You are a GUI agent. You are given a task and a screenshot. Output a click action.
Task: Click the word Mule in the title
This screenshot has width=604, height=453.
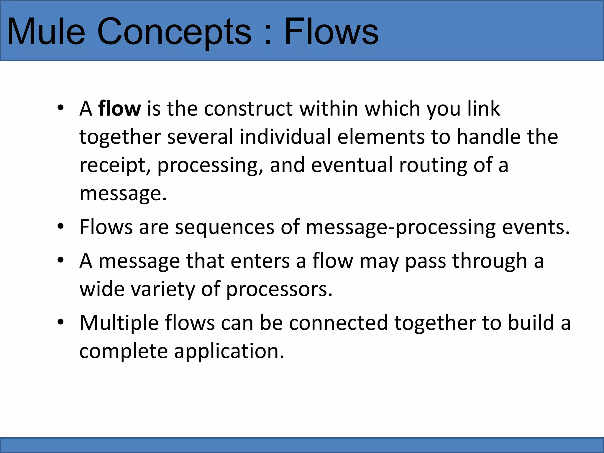[46, 31]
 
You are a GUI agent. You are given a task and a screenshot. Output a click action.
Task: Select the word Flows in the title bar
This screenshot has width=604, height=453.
[331, 31]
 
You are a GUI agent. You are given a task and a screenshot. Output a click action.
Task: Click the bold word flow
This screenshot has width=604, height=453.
[119, 109]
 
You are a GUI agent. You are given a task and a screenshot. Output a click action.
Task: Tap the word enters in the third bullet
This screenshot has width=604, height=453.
[260, 261]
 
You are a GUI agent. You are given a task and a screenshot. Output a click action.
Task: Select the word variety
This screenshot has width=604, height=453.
[163, 289]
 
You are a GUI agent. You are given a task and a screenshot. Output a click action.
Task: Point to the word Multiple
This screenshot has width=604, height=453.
[119, 323]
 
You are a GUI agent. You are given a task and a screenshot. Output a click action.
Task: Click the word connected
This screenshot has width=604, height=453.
[338, 323]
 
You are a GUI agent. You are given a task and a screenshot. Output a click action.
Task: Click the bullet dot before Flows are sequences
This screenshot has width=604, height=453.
[60, 226]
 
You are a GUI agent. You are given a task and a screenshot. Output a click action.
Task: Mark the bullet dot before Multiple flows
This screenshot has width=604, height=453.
[60, 322]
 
